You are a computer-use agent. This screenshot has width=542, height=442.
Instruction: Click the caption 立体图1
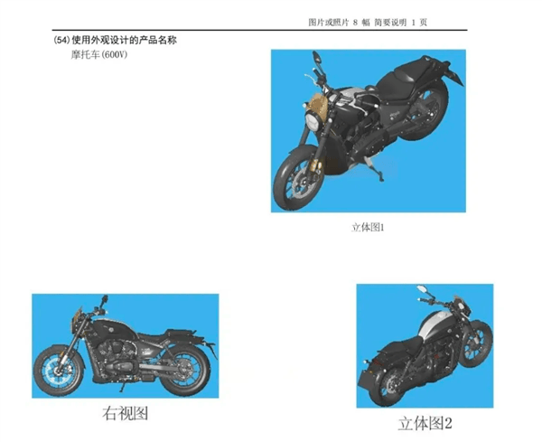(368, 227)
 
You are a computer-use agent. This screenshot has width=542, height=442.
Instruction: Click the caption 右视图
(126, 413)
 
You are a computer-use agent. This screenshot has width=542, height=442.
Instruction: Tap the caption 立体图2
(425, 423)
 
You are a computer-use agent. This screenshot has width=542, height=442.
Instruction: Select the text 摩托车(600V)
(99, 55)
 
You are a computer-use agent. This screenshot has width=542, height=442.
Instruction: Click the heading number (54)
(61, 41)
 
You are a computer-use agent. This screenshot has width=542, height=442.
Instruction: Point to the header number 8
(355, 23)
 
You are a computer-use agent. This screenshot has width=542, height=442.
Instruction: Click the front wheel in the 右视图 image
(59, 371)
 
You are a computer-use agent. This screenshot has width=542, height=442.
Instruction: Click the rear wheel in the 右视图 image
(185, 369)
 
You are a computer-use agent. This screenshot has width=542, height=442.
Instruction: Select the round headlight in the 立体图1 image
(313, 122)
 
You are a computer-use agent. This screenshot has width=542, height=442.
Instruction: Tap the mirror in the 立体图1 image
(317, 57)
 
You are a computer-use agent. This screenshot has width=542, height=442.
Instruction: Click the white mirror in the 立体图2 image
(422, 288)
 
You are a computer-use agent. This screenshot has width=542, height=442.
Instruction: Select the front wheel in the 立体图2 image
(479, 343)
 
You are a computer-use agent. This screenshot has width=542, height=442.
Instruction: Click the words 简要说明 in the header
(390, 23)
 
